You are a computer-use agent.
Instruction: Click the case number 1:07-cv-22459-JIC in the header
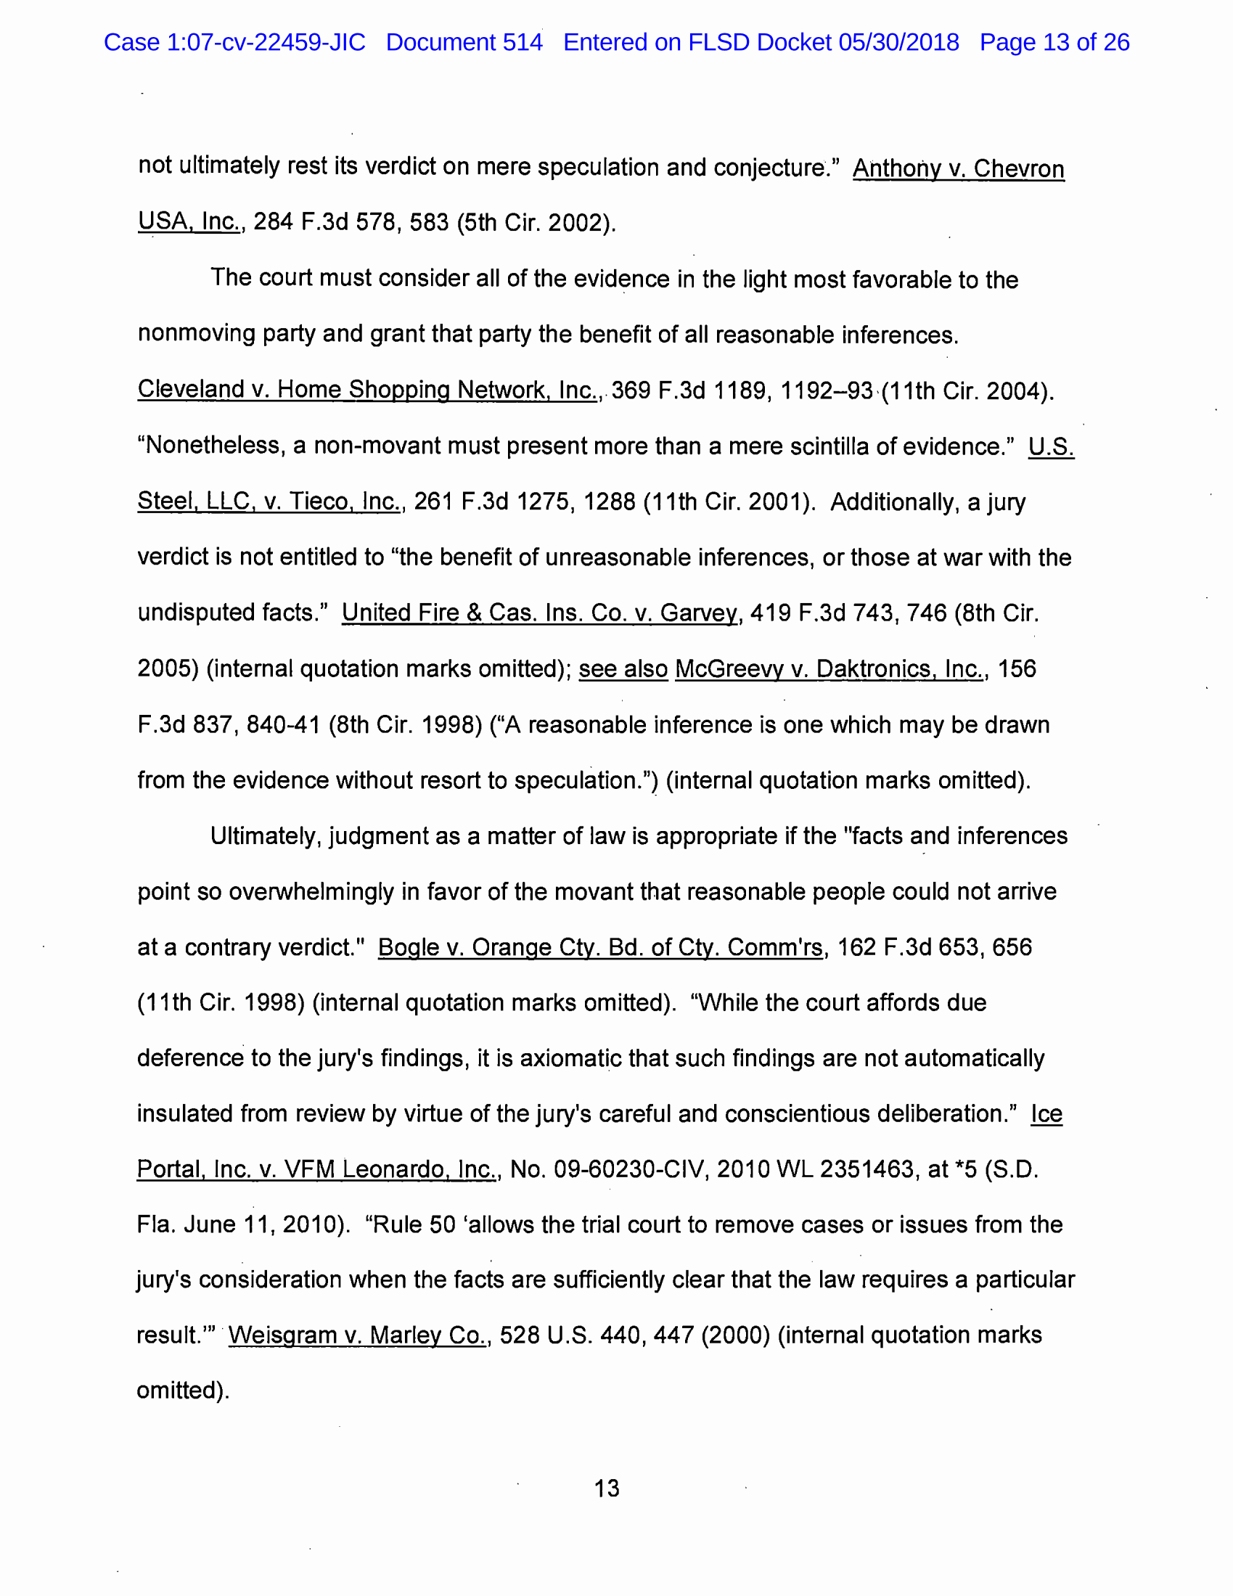click(x=266, y=42)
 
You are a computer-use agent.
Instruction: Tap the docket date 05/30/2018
click(x=898, y=42)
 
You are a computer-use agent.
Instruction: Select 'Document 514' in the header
click(x=464, y=42)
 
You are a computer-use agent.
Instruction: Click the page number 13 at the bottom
click(x=607, y=1488)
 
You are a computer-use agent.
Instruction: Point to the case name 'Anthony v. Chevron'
click(x=958, y=169)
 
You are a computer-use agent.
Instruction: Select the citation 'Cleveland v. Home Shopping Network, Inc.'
click(x=368, y=390)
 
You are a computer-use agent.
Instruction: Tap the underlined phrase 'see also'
click(x=623, y=668)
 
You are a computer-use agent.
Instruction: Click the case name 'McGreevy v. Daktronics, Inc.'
click(x=829, y=668)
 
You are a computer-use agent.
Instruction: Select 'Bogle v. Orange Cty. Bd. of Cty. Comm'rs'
click(x=600, y=947)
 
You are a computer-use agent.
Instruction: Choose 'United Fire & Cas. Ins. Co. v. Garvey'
click(x=539, y=613)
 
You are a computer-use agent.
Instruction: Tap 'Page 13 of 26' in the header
click(x=1054, y=42)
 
